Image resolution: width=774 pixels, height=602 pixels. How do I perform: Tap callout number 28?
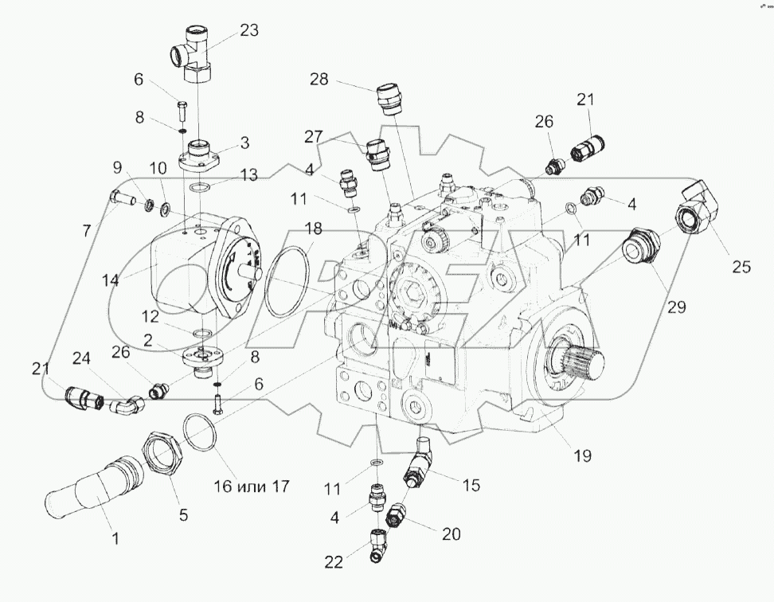(x=319, y=80)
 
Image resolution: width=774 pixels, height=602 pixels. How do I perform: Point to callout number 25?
(x=741, y=268)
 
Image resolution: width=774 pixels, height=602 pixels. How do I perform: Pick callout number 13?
(x=248, y=174)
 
